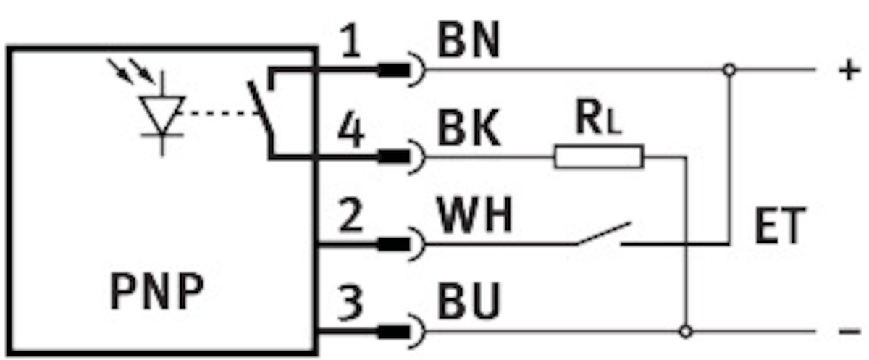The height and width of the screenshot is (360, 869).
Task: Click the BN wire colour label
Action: click(x=469, y=43)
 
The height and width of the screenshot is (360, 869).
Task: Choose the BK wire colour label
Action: click(x=469, y=130)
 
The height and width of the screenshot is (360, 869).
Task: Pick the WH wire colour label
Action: click(x=474, y=216)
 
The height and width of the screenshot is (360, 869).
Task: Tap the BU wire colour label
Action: click(x=469, y=304)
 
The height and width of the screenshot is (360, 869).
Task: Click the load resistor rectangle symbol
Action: click(x=598, y=156)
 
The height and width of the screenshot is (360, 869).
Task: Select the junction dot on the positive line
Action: click(x=729, y=70)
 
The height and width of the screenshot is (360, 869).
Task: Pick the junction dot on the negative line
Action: click(x=686, y=332)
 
